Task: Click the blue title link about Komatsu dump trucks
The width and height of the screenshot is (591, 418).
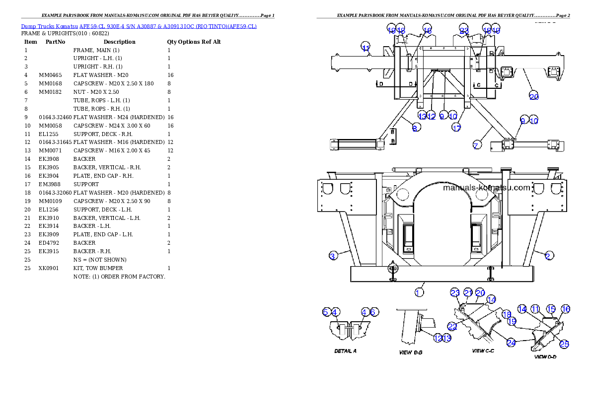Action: coord(139,26)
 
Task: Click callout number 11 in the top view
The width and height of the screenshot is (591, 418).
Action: coord(366,48)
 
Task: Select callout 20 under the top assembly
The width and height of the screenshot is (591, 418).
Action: coord(534,96)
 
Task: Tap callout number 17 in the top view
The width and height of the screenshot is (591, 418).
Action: coord(456,128)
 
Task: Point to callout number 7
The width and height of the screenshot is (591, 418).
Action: coord(476,145)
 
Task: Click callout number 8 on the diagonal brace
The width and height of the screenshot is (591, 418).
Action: coord(416,128)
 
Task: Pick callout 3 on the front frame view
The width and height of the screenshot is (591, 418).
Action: coord(334,256)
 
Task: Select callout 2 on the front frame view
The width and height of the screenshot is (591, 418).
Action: coord(548,256)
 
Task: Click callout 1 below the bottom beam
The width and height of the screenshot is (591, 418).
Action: coord(419,292)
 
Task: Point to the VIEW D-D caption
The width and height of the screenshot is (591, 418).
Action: coord(545,356)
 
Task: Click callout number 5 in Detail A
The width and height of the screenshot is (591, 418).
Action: coord(326,312)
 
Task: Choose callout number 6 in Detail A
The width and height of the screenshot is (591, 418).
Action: coord(374,312)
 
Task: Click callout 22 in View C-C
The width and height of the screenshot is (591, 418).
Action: coord(452,326)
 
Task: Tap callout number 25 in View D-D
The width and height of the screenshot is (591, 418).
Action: coord(564,344)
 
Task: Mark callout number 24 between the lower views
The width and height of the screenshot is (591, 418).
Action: coord(511,342)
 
